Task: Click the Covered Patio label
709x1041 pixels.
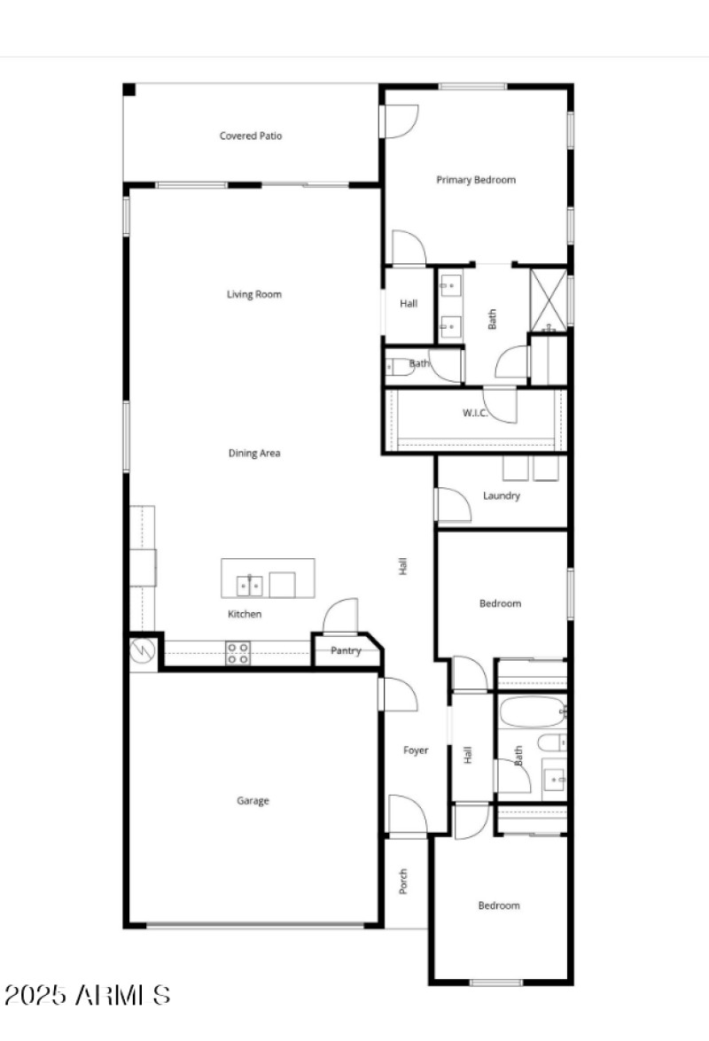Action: pos(251,136)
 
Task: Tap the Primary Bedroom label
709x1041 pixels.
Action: pos(476,180)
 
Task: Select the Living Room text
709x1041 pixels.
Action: pos(254,294)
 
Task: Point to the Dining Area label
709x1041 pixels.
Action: pos(254,453)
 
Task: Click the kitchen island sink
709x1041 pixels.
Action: pos(249,586)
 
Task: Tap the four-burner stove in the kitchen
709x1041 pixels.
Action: pos(238,653)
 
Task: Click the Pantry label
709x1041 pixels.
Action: pos(346,651)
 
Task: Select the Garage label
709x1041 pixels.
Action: pos(253,801)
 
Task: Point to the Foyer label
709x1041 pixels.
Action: pos(416,750)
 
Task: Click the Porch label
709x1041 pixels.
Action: pos(403,882)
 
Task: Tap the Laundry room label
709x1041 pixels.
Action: pos(502,496)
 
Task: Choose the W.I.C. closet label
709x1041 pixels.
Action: pos(474,414)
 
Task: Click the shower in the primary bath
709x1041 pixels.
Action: pos(548,299)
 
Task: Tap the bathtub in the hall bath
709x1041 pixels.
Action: pos(532,711)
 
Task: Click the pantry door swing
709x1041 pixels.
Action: pos(340,618)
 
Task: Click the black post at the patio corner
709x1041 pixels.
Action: pos(129,89)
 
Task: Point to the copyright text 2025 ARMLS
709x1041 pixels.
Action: pos(86,995)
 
